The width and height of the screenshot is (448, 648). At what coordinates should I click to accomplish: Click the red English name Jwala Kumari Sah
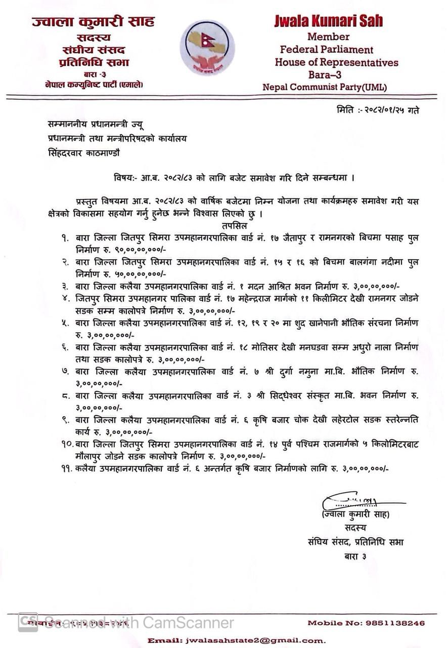pos(328,21)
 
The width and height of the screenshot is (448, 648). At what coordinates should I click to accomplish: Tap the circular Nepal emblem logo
pos(207,48)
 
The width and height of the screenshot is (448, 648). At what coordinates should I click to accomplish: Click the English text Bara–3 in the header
pos(328,75)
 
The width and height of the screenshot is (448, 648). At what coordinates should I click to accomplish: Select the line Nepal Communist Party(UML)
pos(325,87)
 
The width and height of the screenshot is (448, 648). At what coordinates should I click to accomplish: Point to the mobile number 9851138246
pos(400,623)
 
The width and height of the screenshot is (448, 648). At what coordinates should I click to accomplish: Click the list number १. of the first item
pos(65,237)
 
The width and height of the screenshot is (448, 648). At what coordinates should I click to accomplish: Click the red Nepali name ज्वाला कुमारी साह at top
pos(93,22)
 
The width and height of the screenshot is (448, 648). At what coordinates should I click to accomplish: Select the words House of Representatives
pos(336,63)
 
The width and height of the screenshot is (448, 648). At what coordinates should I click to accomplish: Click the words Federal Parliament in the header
pos(327,50)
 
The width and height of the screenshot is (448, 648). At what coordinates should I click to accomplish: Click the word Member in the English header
pos(328,36)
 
